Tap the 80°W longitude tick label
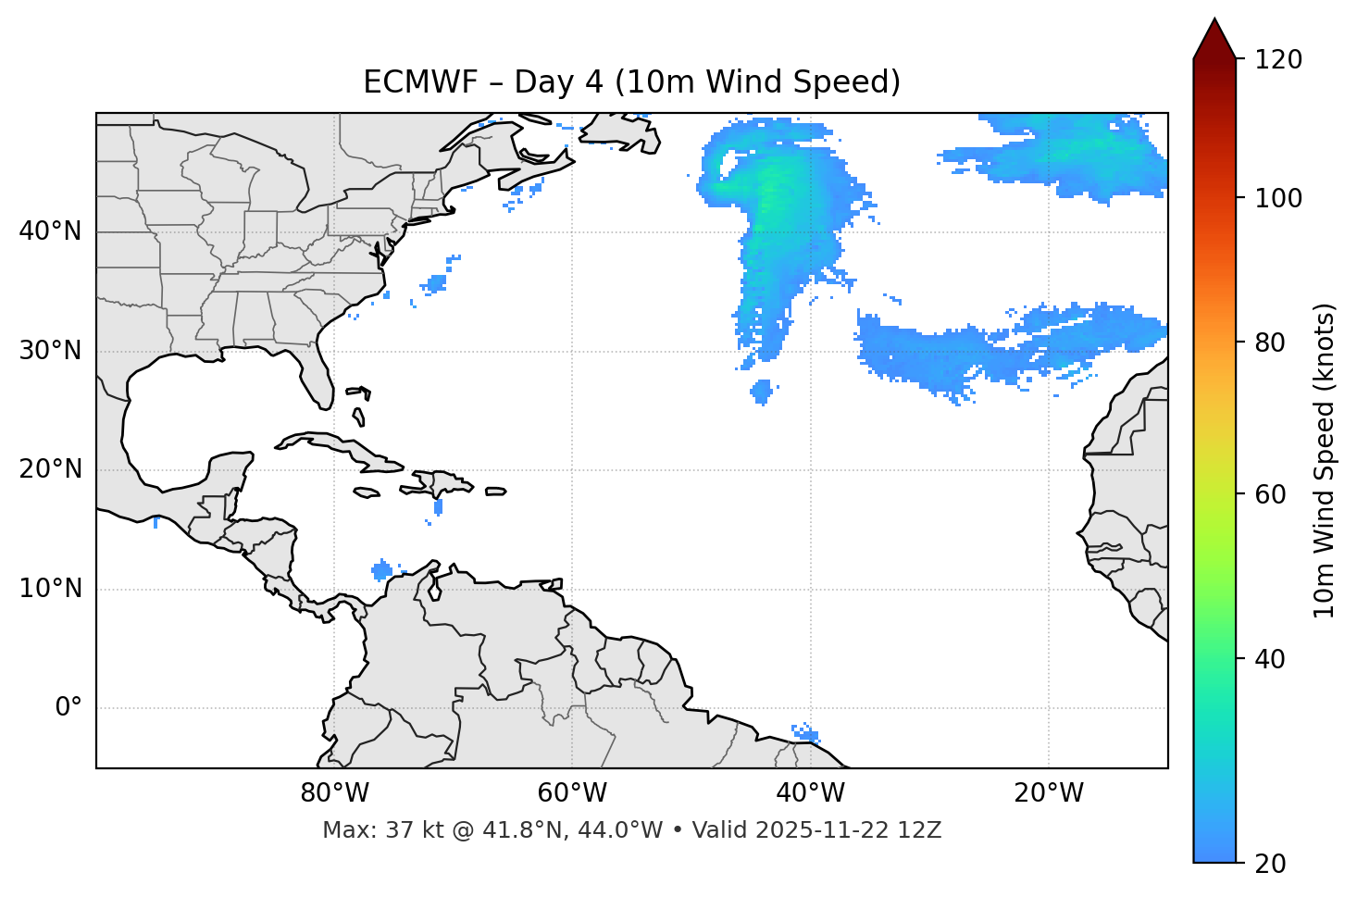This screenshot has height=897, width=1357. (x=334, y=793)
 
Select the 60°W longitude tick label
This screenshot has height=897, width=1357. (x=572, y=793)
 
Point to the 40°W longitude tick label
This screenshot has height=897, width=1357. (x=810, y=793)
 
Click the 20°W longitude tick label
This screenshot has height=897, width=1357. (x=1049, y=793)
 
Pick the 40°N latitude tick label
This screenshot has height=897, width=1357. (x=50, y=231)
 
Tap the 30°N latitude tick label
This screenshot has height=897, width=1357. (x=50, y=351)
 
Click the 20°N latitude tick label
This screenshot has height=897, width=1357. (x=50, y=469)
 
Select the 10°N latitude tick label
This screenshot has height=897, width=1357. (x=50, y=589)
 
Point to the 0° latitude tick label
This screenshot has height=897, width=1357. (x=68, y=708)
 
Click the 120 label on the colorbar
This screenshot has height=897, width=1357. (x=1277, y=60)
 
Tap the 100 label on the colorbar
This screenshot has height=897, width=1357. (x=1277, y=198)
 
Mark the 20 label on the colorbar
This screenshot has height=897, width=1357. (x=1270, y=864)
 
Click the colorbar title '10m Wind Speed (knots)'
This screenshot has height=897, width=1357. (x=1325, y=461)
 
